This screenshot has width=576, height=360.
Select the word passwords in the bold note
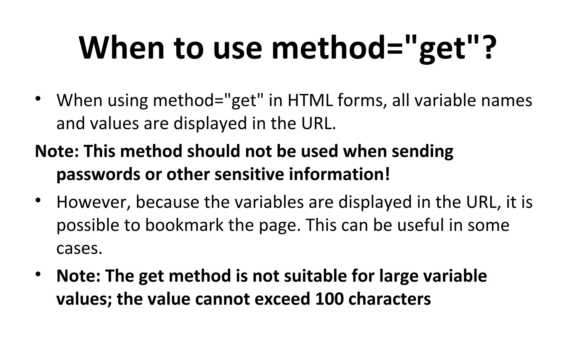click(x=98, y=174)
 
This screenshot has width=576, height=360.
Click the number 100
click(x=329, y=299)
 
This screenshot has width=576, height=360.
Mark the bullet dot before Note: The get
click(x=39, y=274)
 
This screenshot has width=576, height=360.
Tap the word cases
click(x=79, y=248)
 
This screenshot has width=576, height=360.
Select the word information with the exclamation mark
click(x=339, y=174)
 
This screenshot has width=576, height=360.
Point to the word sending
click(x=422, y=151)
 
